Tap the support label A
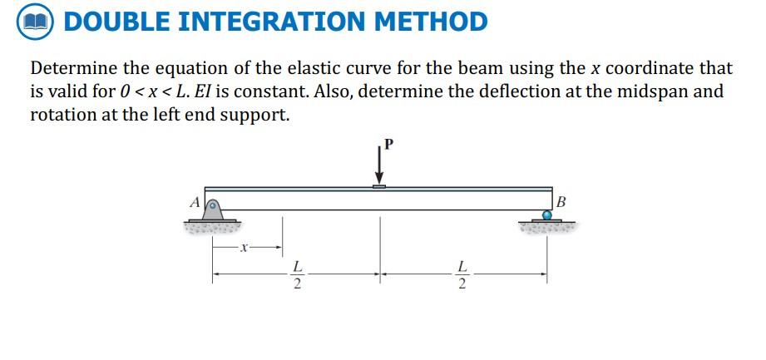point(195,201)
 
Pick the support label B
point(561,201)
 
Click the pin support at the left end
point(214,209)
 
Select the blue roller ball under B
point(546,215)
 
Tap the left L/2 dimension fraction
point(297,277)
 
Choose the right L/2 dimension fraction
point(462,277)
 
